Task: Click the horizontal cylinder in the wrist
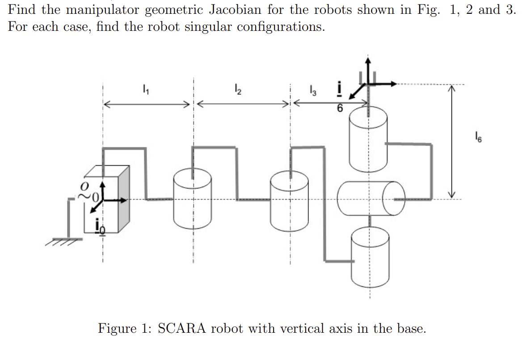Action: tap(371, 198)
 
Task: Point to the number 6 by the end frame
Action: tap(341, 108)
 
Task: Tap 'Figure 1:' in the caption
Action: tap(126, 329)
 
